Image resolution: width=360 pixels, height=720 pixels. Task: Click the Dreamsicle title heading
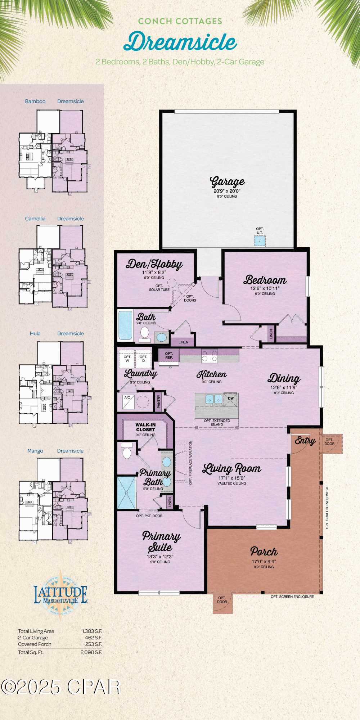click(180, 42)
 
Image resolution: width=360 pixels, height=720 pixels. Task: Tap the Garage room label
click(227, 182)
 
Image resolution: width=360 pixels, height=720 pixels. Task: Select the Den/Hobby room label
click(154, 264)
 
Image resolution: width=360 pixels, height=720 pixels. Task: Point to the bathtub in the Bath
click(125, 325)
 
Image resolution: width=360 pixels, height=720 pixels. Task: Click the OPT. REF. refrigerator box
click(169, 356)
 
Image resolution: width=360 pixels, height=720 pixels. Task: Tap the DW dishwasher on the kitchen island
click(230, 399)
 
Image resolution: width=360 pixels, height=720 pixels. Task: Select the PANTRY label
click(159, 402)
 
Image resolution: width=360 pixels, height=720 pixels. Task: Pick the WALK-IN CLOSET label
click(145, 427)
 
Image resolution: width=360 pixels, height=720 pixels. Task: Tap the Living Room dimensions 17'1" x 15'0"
click(232, 478)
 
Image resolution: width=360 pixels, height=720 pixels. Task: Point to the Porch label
click(264, 552)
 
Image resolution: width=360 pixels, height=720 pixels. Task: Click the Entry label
click(305, 440)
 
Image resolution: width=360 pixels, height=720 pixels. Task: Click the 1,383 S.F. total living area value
click(92, 631)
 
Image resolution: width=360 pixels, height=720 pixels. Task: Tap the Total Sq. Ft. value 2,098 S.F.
click(91, 652)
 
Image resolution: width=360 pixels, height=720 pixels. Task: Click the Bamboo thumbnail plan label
click(35, 101)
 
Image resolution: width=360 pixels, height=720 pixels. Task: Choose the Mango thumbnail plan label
click(35, 451)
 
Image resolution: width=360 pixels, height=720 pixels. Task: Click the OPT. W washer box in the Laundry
click(127, 359)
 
